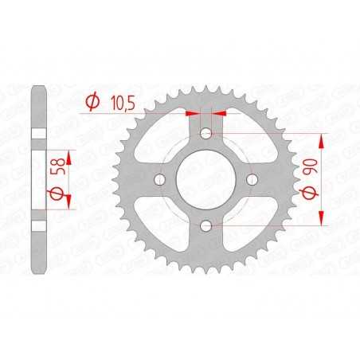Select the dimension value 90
pyautogui.click(x=306, y=169)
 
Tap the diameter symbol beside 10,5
pyautogui.click(x=92, y=102)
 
